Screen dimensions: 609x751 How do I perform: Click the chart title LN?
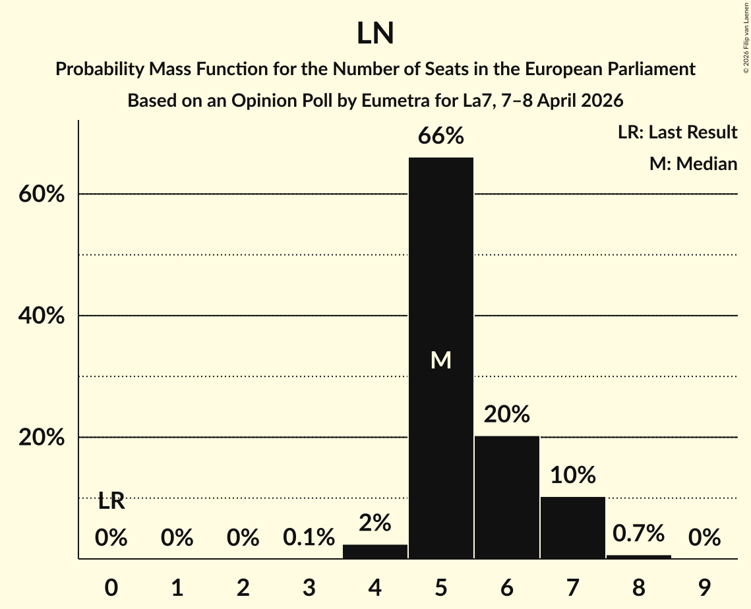click(x=375, y=34)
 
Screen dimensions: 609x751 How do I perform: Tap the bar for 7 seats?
click(x=573, y=527)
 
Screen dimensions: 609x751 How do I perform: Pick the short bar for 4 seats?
click(x=375, y=552)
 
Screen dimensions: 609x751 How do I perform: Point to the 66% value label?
click(x=441, y=136)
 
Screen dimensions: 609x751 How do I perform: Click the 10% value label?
click(x=573, y=475)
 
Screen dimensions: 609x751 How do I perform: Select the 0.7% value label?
click(x=639, y=533)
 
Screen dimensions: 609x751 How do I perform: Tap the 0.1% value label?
click(x=309, y=538)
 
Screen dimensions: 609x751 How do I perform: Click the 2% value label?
click(x=375, y=523)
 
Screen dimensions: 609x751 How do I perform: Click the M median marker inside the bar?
click(x=441, y=360)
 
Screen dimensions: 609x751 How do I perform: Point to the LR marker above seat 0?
click(x=111, y=502)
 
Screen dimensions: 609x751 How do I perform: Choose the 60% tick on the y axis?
click(x=42, y=195)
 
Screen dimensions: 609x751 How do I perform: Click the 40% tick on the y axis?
click(x=42, y=316)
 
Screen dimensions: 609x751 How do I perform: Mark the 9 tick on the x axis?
click(x=705, y=570)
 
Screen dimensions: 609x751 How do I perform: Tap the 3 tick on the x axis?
click(x=309, y=570)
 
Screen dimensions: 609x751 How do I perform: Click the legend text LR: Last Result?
click(x=678, y=132)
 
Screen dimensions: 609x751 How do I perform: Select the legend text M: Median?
click(x=693, y=163)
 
